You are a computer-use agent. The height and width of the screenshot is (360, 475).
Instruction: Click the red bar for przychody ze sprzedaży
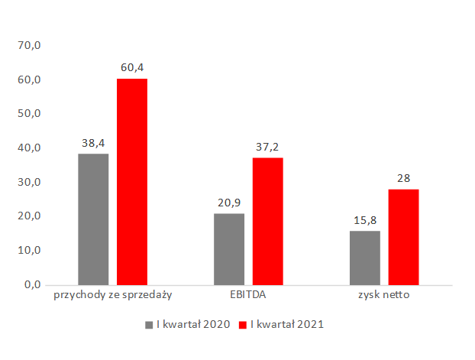coord(131,181)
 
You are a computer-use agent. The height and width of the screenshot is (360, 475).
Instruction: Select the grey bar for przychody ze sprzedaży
coord(93,219)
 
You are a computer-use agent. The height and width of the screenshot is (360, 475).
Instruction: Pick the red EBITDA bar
coord(267,221)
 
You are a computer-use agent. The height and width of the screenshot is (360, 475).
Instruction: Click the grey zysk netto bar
coord(365,257)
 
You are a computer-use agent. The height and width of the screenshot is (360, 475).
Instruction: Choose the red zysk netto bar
coord(403,236)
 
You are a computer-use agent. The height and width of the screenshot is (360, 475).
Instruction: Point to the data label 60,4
coord(131,68)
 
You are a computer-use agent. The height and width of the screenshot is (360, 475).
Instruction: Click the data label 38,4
coord(93,143)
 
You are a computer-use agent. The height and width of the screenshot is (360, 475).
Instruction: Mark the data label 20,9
coord(229,203)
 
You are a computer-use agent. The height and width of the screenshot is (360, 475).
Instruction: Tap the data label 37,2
coord(267,147)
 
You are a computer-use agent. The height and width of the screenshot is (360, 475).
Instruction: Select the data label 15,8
coord(365,219)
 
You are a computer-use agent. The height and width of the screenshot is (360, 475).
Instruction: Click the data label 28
coord(403,178)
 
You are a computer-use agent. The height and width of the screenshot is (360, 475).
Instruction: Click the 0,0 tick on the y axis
coord(32,284)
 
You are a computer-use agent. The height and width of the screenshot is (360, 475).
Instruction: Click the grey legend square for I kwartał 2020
coord(149,325)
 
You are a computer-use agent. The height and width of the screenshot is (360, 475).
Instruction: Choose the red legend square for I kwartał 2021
coord(244,325)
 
